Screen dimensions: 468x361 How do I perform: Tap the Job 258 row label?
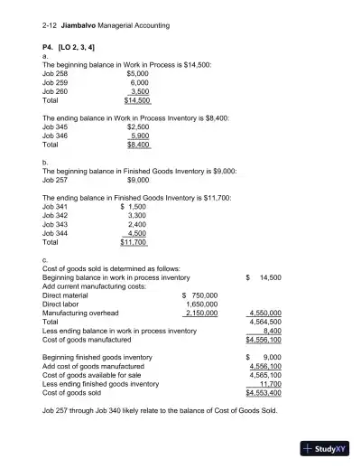point(55,73)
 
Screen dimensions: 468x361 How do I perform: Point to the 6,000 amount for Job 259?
point(139,82)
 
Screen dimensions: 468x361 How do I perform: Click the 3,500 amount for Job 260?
point(139,91)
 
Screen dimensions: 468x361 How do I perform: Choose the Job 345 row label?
point(55,126)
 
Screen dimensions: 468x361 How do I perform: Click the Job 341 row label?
point(55,207)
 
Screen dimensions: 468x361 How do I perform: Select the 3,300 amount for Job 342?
point(136,216)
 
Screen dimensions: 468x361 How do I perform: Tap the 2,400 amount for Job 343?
point(136,225)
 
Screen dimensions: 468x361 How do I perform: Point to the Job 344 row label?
point(55,234)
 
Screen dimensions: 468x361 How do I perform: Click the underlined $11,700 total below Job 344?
point(133,243)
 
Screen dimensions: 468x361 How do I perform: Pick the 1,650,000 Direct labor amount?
point(200,304)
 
